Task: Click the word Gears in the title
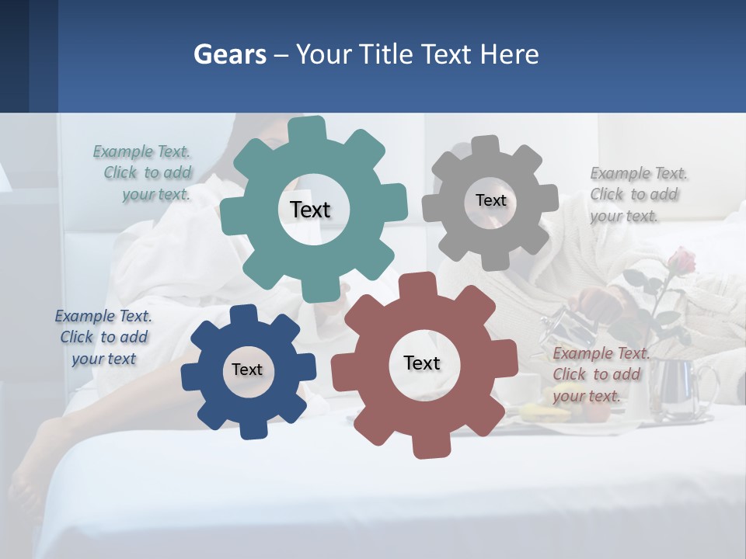point(230,54)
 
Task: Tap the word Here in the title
point(509,54)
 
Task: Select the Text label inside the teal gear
point(310,210)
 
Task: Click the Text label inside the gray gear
point(490,200)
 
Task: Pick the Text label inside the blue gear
point(247,370)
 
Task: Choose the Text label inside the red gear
point(422,363)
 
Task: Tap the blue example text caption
point(103,337)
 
